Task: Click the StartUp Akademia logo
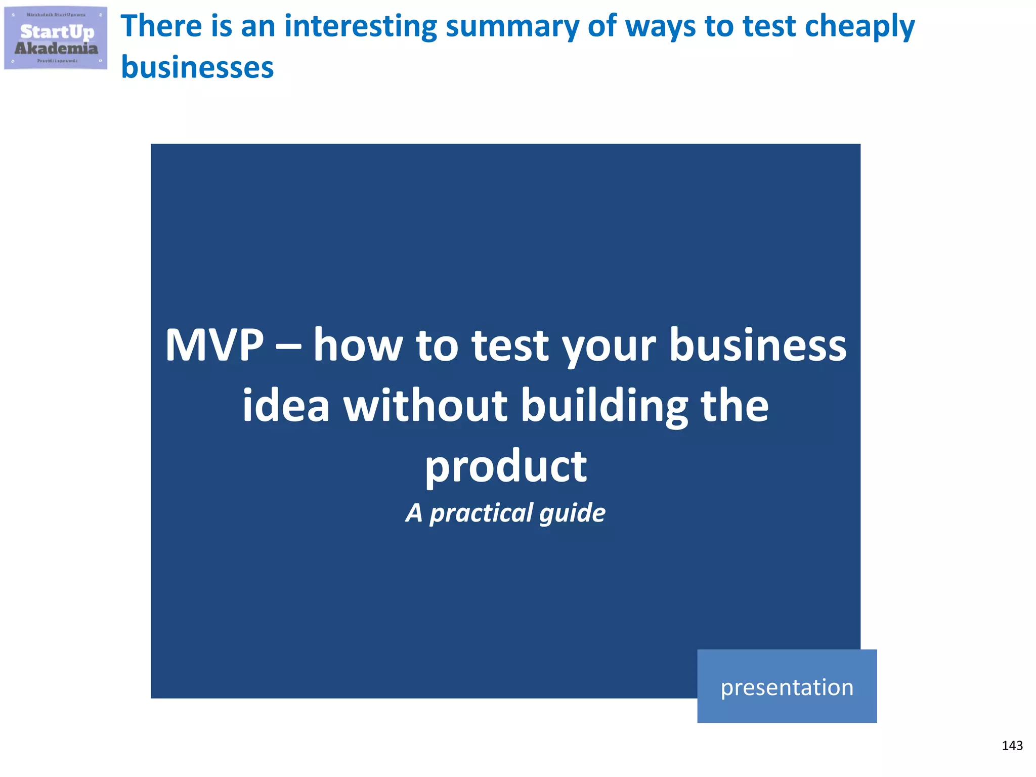(56, 38)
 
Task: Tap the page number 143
(1012, 746)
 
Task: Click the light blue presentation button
(787, 686)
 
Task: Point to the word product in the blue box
(505, 466)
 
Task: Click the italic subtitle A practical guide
(505, 513)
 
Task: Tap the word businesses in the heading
(197, 68)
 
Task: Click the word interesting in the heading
(360, 26)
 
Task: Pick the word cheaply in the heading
(859, 27)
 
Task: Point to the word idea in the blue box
(286, 406)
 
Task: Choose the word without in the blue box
(425, 406)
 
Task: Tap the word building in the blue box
(604, 407)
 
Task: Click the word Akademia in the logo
(56, 49)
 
